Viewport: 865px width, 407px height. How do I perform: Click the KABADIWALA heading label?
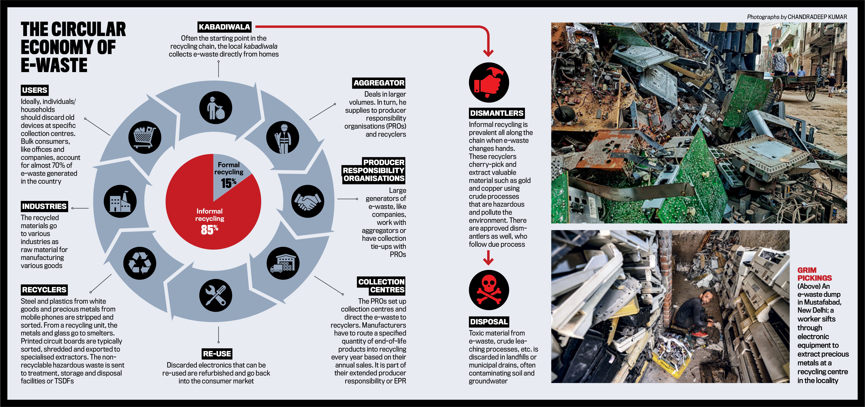pos(224,27)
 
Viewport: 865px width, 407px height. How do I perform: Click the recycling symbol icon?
pos(140,263)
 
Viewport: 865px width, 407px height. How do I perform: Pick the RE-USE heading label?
pos(217,354)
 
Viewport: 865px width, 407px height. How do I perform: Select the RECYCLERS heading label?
pos(44,290)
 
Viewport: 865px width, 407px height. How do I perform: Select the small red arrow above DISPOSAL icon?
pos(488,258)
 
